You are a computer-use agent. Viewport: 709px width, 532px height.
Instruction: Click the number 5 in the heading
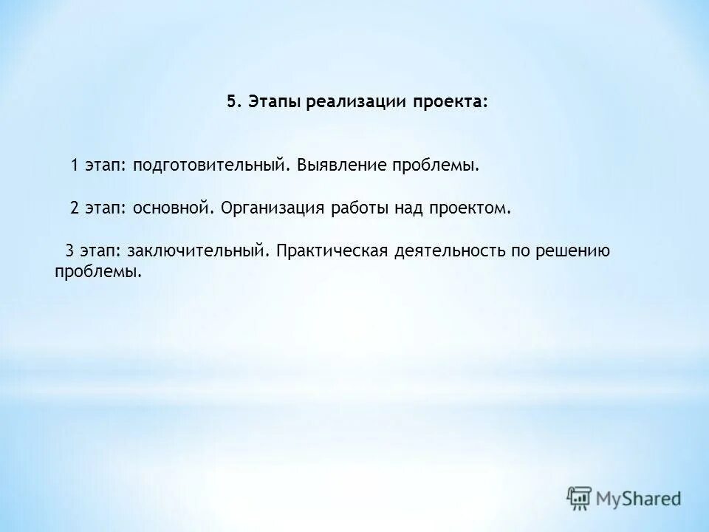click(231, 102)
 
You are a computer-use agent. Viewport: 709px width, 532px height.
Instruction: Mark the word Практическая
click(332, 251)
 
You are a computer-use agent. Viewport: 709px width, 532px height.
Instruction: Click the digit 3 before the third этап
click(69, 251)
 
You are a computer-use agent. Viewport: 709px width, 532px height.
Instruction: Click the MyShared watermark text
click(640, 499)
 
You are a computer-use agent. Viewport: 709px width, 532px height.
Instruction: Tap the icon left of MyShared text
click(580, 499)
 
